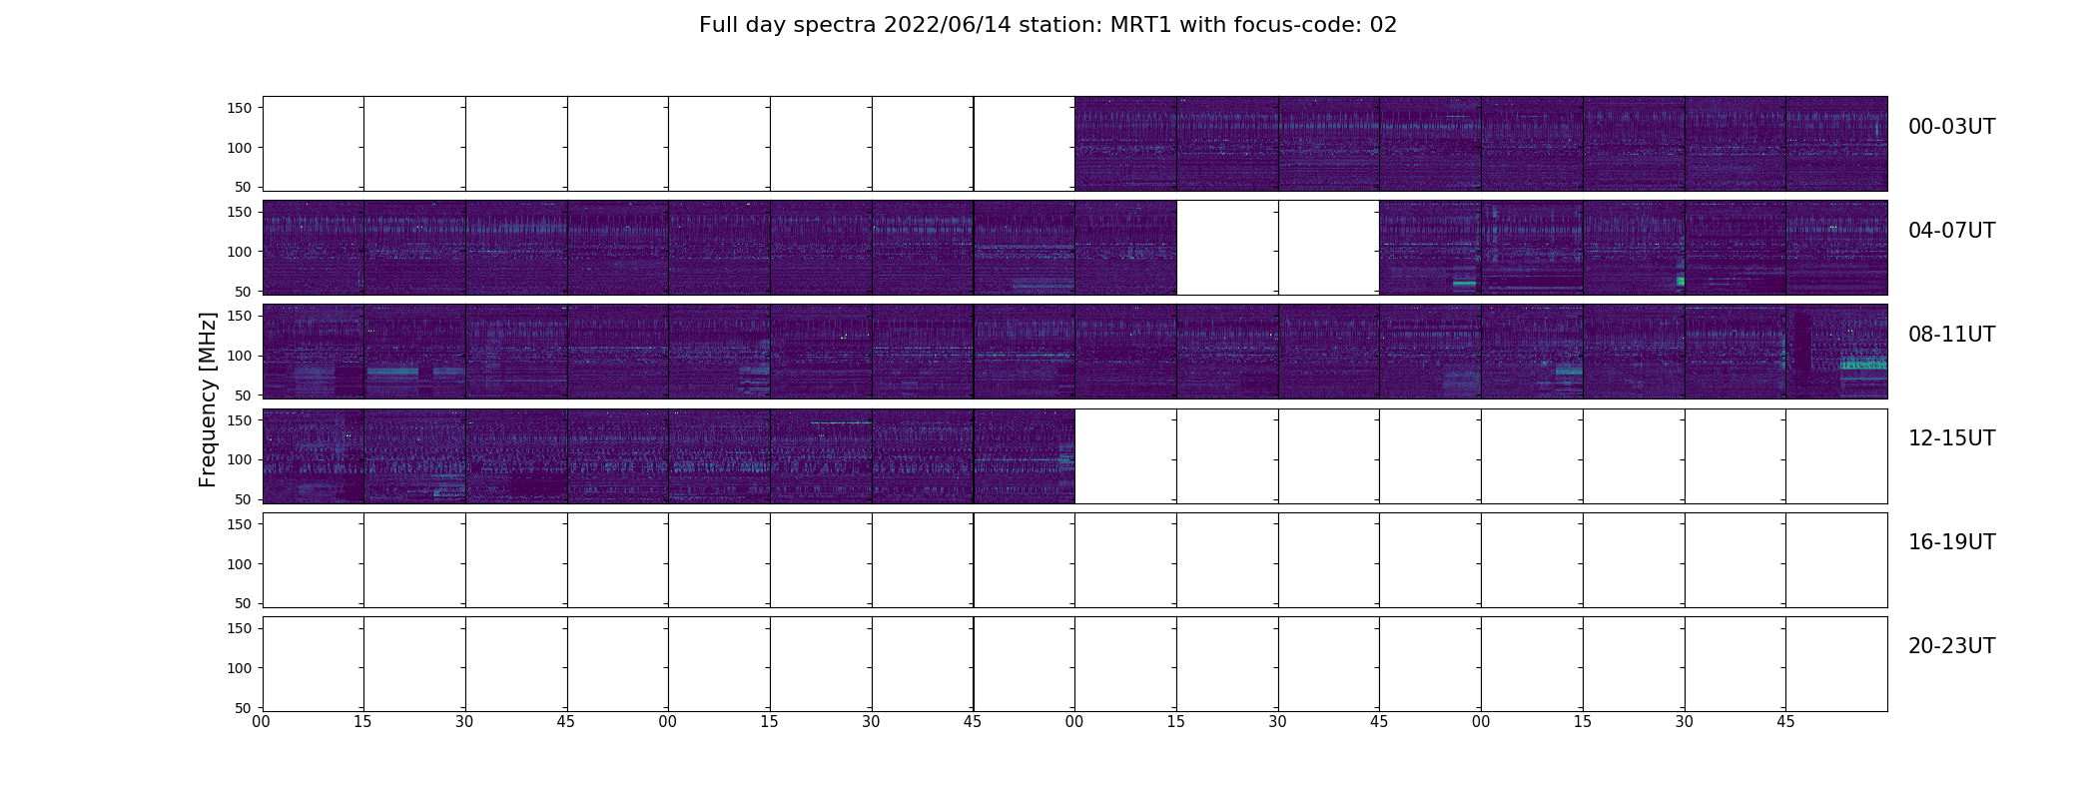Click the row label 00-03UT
pos(1951,127)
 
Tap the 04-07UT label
pos(1951,231)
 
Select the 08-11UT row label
pos(1951,335)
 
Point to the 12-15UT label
pos(1951,438)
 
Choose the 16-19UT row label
pos(1951,542)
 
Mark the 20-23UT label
pos(1951,646)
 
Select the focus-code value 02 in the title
pos(1383,25)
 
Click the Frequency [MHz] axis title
pos(208,399)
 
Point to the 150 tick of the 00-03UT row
pos(239,109)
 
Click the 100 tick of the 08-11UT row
pos(239,356)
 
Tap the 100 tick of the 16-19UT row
pos(239,564)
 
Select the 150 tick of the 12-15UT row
pos(239,420)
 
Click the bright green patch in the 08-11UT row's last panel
pos(1863,364)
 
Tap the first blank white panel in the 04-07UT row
pos(1227,248)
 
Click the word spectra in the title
pos(837,26)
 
